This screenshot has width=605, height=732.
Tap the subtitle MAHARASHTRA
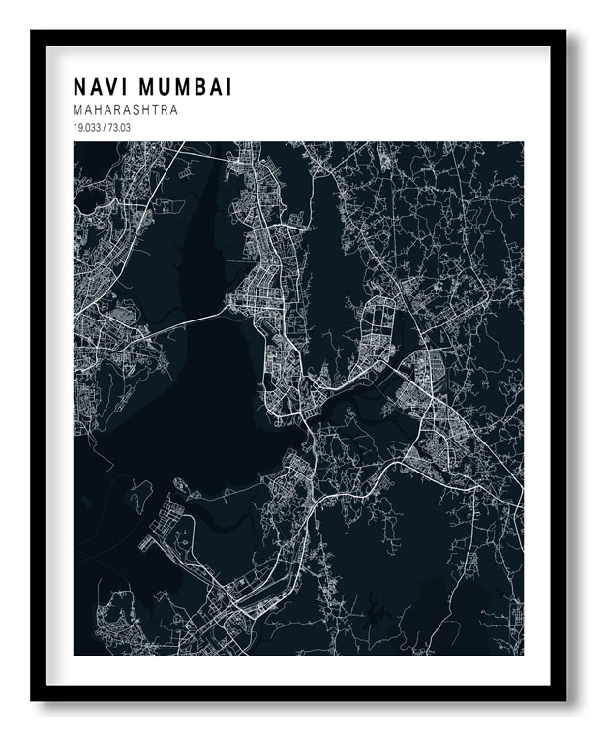point(124,110)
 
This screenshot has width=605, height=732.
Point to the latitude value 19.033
point(86,128)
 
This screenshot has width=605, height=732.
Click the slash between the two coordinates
point(105,128)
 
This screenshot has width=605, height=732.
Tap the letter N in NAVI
point(80,88)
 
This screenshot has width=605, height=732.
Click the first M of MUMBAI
point(147,88)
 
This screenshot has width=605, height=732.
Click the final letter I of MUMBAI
point(229,88)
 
